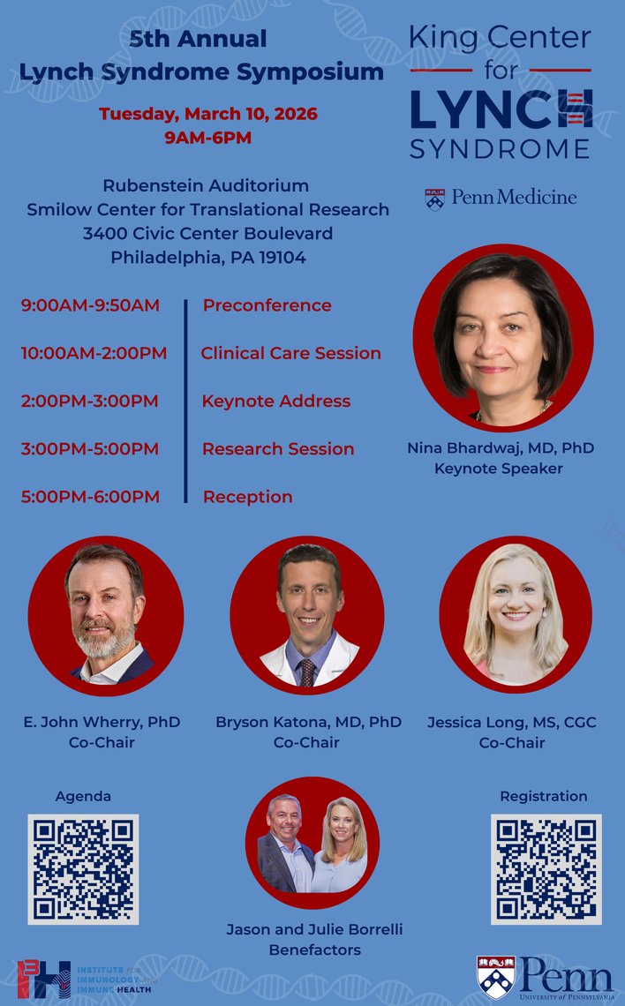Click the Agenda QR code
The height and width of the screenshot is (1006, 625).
[83, 869]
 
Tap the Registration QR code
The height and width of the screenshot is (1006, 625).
[546, 869]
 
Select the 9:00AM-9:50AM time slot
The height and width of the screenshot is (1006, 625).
[90, 305]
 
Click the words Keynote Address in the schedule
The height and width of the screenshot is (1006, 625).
[275, 402]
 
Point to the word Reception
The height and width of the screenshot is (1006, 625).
[247, 497]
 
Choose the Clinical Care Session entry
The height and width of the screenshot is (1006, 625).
[290, 353]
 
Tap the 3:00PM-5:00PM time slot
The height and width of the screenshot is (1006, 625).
[90, 449]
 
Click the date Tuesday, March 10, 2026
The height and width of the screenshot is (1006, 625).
[208, 114]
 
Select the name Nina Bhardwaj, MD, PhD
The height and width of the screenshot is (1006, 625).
[500, 448]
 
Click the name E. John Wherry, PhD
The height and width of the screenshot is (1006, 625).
[102, 722]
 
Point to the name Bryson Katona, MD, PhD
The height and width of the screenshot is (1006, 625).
[308, 722]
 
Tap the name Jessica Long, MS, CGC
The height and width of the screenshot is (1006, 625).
[511, 722]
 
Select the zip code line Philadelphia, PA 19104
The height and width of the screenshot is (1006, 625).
[208, 258]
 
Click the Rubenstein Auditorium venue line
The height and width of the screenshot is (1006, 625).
[206, 185]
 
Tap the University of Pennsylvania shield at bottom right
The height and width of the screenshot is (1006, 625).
[493, 978]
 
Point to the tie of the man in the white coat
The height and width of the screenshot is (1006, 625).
[306, 672]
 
